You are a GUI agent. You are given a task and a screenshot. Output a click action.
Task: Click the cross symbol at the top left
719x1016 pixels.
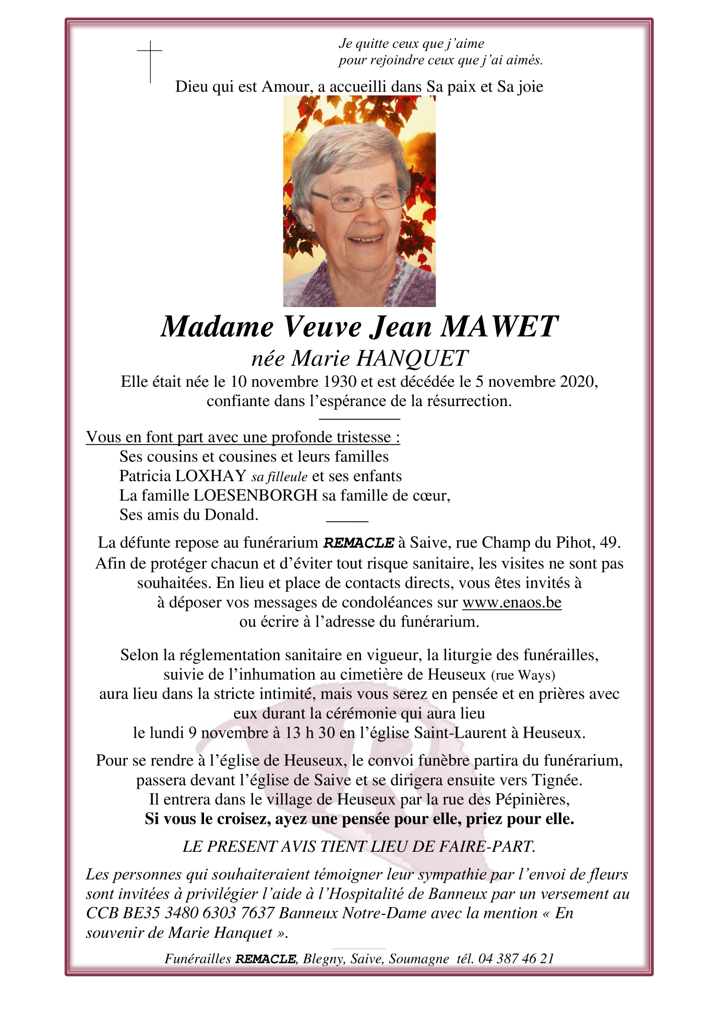click(x=150, y=62)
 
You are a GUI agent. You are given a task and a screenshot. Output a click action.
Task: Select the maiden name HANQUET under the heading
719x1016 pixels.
click(x=412, y=358)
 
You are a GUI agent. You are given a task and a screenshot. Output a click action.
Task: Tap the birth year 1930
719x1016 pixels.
click(x=340, y=382)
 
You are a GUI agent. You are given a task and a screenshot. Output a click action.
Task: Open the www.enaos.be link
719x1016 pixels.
click(x=512, y=603)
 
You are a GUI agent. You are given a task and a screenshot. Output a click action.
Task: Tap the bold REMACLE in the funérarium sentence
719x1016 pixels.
click(x=359, y=543)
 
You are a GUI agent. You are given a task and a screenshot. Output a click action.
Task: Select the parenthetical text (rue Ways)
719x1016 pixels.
click(x=523, y=675)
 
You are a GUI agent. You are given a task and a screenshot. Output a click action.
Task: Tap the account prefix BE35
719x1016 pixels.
click(x=141, y=913)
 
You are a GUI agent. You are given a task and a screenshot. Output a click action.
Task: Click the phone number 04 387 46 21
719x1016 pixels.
click(x=516, y=959)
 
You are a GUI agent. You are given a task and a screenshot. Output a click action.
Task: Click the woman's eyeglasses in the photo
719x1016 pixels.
click(x=359, y=200)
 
